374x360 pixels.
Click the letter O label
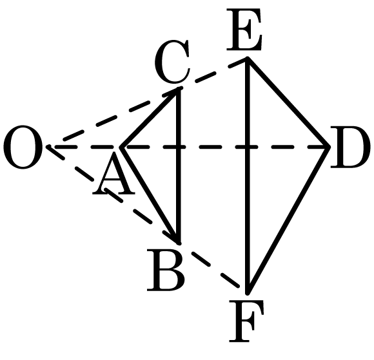point(23,147)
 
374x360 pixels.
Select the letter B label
point(166,270)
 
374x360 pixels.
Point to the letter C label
point(172,62)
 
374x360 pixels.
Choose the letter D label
point(350,147)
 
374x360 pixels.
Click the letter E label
point(244,30)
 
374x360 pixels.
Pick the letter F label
point(246,321)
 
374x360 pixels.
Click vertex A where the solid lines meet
point(121,147)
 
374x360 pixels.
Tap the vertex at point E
point(248,59)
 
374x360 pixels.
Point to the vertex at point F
point(248,291)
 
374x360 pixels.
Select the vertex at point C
point(179,90)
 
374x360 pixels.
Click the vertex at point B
point(179,242)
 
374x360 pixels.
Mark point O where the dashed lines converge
point(49,147)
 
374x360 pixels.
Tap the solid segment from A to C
point(150,118)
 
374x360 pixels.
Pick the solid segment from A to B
point(150,194)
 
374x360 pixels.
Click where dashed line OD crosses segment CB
point(179,147)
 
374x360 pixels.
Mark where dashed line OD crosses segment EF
point(248,147)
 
